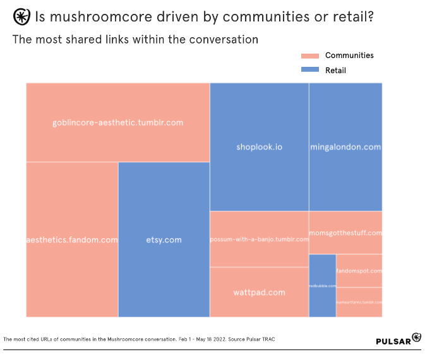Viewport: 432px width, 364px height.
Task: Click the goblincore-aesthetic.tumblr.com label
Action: click(117, 122)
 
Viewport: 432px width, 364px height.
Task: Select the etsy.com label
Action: click(164, 240)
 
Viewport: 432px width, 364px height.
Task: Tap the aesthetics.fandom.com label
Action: click(72, 240)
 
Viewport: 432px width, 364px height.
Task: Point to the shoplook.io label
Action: click(259, 147)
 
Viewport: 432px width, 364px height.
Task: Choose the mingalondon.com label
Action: click(345, 147)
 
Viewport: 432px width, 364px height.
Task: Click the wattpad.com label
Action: click(259, 292)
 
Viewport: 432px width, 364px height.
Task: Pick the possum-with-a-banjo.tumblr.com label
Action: click(259, 240)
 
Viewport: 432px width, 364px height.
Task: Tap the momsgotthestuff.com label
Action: click(345, 233)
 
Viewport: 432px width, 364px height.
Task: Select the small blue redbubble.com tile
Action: click(322, 286)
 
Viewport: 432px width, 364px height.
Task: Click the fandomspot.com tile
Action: click(359, 271)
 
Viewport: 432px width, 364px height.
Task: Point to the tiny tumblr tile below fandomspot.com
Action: click(359, 302)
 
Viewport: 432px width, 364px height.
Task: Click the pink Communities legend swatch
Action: click(311, 56)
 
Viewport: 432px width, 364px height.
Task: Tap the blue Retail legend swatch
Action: click(311, 70)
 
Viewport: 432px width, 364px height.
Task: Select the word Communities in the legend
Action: click(349, 56)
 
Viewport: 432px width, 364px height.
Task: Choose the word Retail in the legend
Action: click(335, 70)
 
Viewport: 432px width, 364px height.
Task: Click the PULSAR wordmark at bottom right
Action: click(393, 341)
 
